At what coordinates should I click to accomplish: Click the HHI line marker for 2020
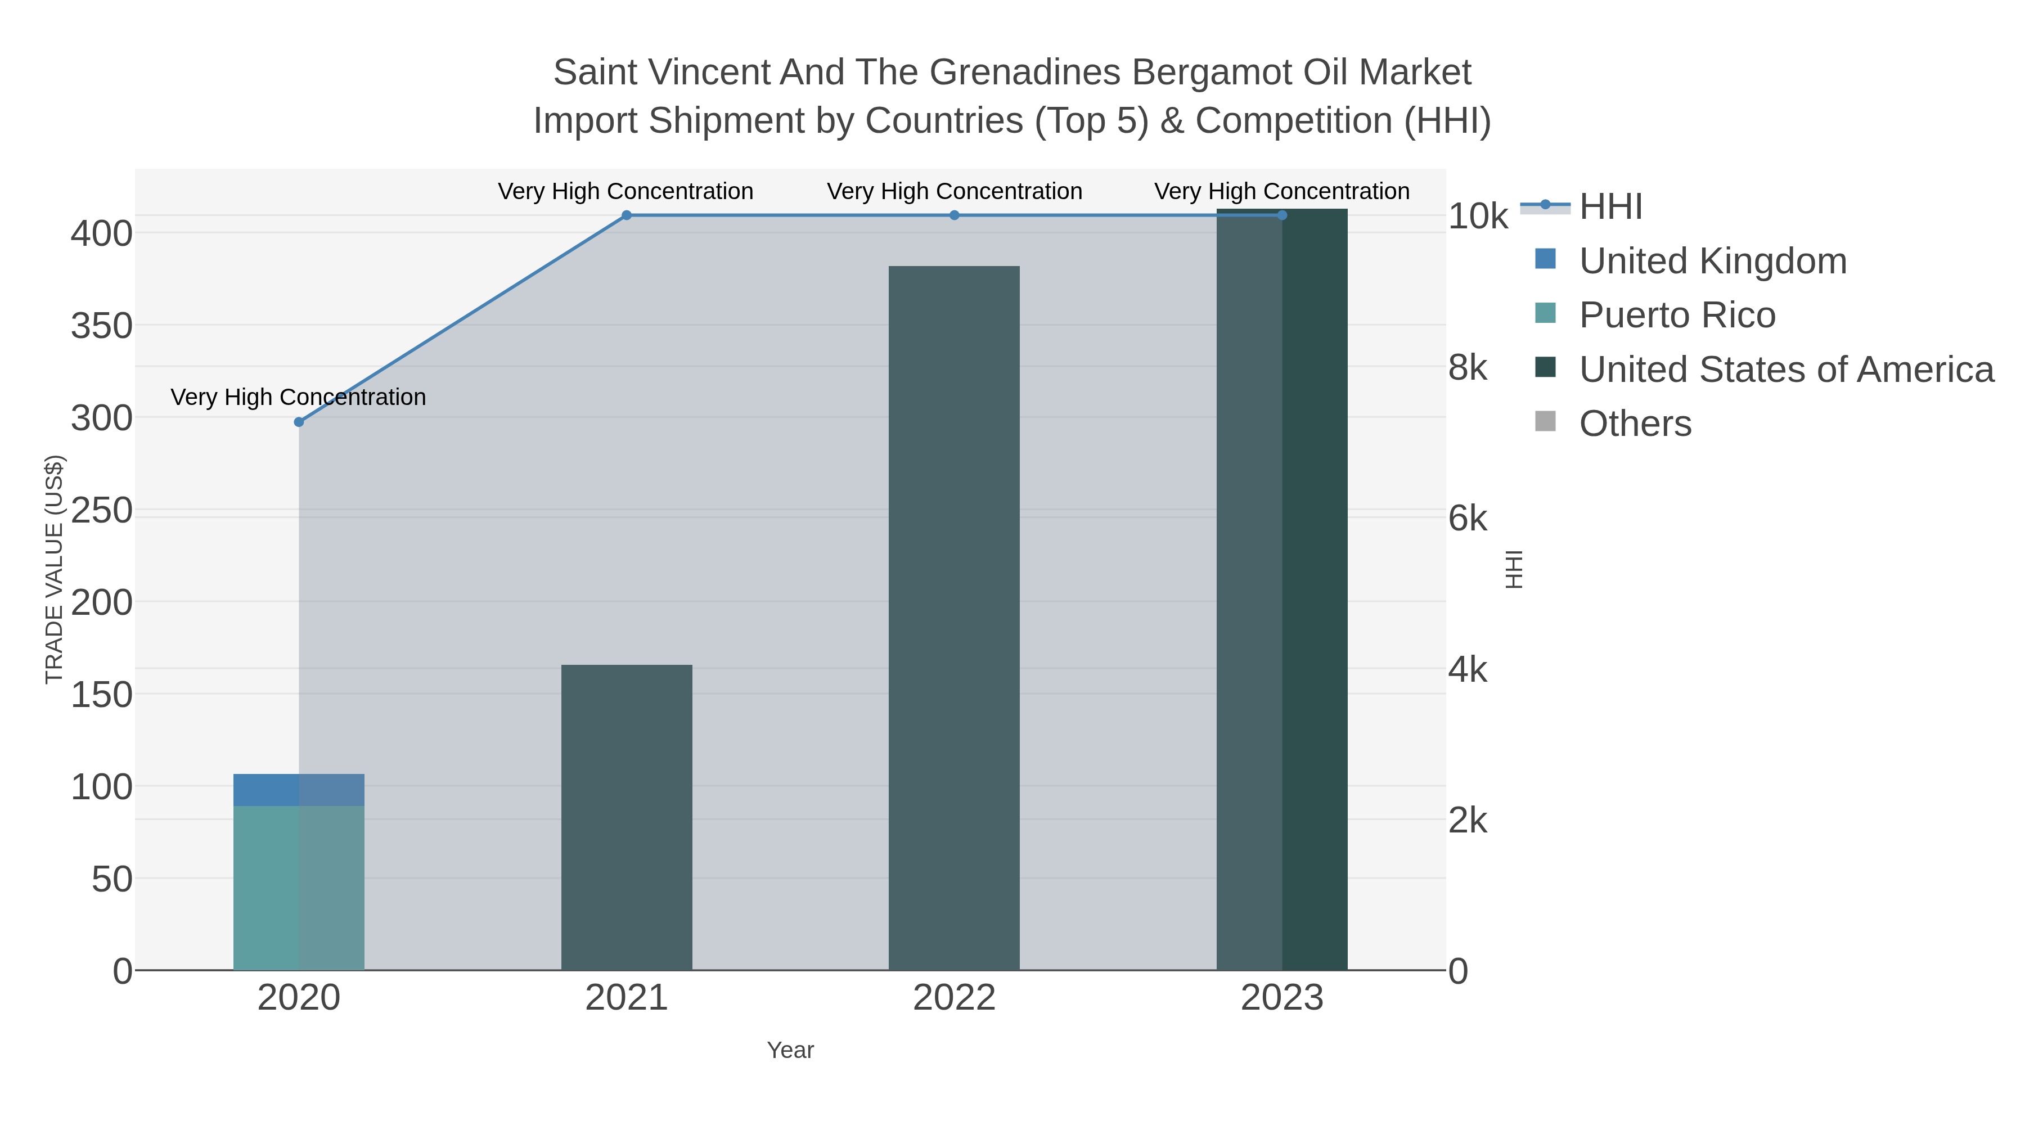point(299,422)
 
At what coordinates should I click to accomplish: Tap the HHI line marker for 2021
point(627,215)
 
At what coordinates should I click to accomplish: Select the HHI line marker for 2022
point(955,215)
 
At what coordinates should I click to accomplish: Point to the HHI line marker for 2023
point(1282,215)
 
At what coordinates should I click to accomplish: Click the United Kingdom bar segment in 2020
point(299,790)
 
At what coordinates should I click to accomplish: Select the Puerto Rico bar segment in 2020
point(299,888)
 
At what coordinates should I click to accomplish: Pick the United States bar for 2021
point(627,817)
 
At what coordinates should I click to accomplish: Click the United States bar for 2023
point(1282,589)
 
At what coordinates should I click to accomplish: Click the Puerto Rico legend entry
point(1677,315)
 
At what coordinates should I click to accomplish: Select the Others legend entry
point(1635,424)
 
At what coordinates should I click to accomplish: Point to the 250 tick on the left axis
point(102,511)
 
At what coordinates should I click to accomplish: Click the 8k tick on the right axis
point(1468,368)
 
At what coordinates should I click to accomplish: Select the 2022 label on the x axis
point(955,998)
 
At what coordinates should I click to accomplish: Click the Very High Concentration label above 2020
point(298,397)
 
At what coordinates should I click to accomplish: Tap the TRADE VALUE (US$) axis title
point(53,569)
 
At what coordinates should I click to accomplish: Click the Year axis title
point(790,1050)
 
